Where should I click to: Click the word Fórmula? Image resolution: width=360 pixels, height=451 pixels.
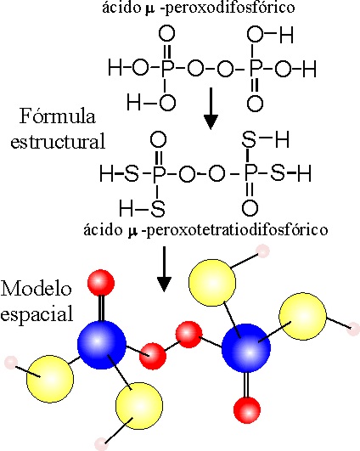58,116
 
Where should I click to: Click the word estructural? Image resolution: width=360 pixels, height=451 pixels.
58,142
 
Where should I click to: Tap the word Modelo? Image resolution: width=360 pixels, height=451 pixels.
36,288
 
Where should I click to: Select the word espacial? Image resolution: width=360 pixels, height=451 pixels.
37,314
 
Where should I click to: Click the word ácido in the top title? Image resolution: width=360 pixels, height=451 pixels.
121,8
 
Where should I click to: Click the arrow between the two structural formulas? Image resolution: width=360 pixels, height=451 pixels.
211,109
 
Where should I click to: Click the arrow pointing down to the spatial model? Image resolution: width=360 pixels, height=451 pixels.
164,269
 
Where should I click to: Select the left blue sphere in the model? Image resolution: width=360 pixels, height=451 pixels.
102,345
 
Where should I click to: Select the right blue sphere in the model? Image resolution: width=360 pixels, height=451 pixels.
246,348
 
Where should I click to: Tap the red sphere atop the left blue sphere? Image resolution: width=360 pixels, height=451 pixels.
101,283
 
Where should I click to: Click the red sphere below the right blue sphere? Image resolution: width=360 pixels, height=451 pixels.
247,410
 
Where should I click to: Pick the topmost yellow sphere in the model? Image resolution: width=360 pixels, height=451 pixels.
212,283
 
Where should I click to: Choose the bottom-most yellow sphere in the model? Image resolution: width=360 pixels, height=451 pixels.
139,405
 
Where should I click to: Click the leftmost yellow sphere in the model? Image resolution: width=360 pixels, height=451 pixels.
50,379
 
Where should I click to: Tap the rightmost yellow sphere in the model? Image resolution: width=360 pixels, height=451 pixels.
303,317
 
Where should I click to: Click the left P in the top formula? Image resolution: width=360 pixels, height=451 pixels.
167,68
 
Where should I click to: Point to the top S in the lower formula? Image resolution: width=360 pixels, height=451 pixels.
249,139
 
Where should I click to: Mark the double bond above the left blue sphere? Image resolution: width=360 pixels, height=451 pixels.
101,308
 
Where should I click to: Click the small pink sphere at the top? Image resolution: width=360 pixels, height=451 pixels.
262,251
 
